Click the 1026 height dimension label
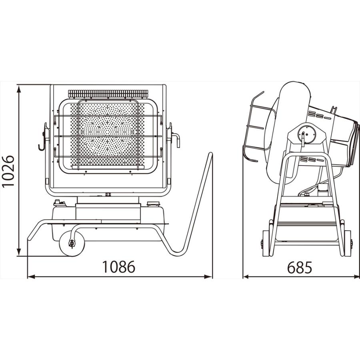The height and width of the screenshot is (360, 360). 8,172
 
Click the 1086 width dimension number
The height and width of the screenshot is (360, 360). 118,267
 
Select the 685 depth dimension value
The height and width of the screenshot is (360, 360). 299,268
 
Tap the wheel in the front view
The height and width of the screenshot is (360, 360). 72,244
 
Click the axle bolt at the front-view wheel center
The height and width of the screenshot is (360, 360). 72,243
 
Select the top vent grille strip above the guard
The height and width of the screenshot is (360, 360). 108,94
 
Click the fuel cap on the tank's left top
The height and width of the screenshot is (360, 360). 60,203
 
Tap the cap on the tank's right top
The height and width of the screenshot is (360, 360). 153,204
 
